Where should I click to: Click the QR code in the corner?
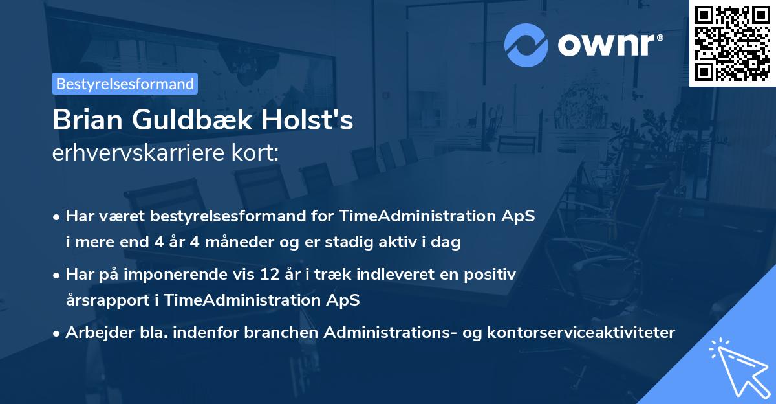click(732, 43)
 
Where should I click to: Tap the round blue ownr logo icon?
click(526, 45)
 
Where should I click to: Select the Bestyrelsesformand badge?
click(125, 84)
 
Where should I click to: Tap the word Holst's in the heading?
click(318, 121)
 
